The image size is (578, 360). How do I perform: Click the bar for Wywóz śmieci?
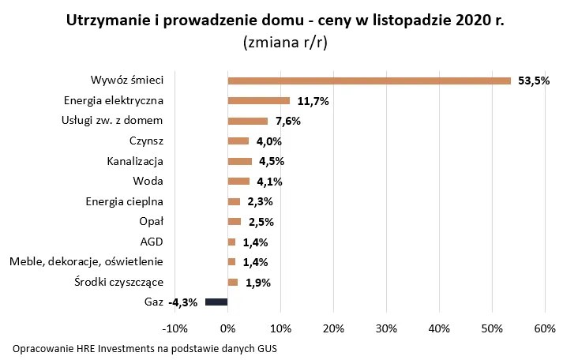(x=369, y=81)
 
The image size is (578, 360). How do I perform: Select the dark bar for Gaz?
(x=216, y=302)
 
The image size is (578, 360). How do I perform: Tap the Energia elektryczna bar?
(x=258, y=101)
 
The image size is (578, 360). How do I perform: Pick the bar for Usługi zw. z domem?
(x=247, y=121)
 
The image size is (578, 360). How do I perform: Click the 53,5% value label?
(x=533, y=81)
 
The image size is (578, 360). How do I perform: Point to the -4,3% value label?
(x=183, y=302)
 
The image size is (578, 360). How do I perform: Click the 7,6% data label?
(x=287, y=122)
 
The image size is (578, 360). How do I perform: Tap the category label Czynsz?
(x=146, y=141)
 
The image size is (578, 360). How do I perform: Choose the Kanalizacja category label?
(x=135, y=161)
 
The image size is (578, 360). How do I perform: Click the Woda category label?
(x=148, y=182)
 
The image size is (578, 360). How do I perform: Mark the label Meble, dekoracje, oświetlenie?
(x=86, y=261)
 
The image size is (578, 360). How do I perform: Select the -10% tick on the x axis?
(x=174, y=328)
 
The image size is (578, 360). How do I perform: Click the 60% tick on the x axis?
(x=545, y=328)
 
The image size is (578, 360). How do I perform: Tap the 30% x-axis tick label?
(x=386, y=328)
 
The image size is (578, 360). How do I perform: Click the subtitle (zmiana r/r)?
(x=288, y=42)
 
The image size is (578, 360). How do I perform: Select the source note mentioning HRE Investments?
(x=145, y=348)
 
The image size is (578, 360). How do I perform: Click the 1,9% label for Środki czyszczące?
(x=257, y=283)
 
